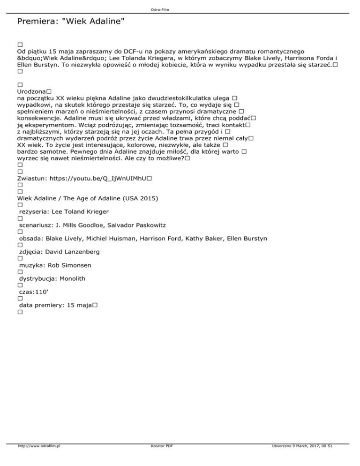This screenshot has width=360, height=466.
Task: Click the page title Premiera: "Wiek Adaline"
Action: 70,22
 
